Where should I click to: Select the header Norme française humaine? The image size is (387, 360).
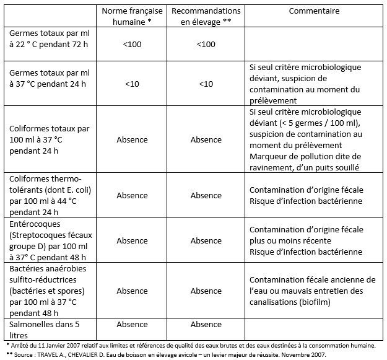click(131, 16)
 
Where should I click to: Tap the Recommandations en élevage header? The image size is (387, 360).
click(206, 16)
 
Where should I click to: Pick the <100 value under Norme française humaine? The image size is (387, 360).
click(132, 44)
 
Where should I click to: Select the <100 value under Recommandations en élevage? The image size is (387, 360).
click(206, 44)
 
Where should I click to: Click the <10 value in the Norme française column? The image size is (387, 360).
click(132, 84)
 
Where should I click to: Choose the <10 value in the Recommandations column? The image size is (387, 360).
click(206, 84)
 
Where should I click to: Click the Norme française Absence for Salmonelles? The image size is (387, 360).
click(132, 324)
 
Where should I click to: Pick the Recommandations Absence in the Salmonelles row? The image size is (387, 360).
click(206, 324)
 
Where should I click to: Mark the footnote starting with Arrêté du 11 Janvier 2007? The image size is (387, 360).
click(192, 345)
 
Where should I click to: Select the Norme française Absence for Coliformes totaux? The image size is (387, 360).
click(132, 139)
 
